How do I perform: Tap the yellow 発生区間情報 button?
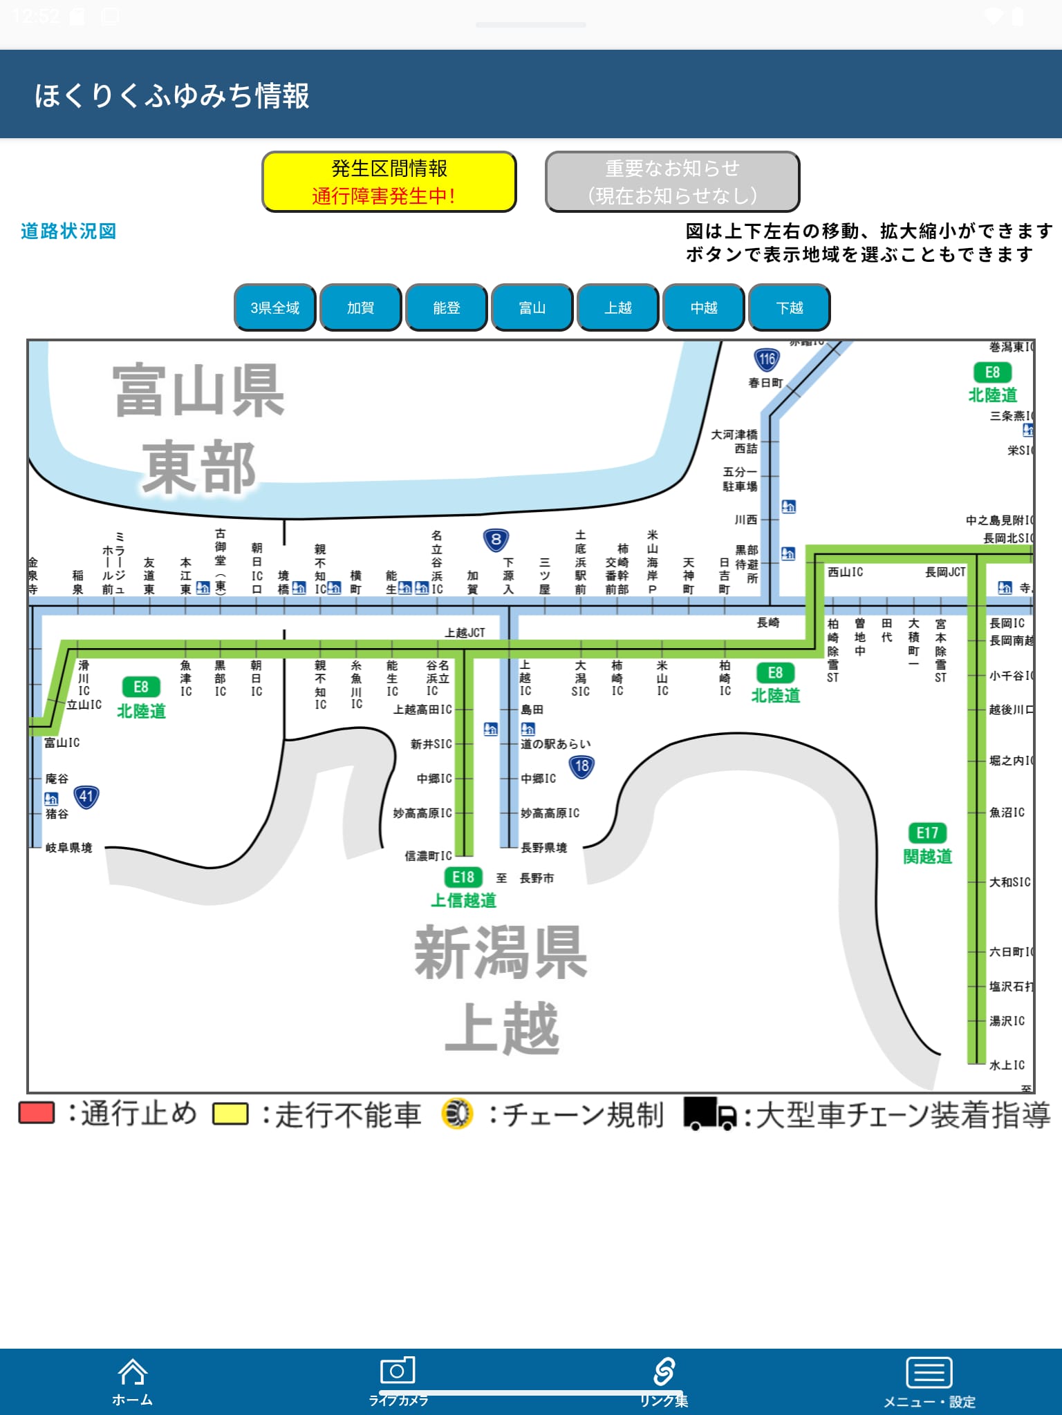(389, 182)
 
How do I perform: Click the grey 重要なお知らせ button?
(672, 182)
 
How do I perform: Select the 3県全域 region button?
(275, 307)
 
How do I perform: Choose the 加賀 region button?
(360, 307)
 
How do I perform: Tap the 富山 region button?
(532, 307)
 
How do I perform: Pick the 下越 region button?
(789, 307)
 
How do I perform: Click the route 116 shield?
(766, 359)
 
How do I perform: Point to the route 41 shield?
(86, 797)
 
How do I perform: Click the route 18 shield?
(582, 766)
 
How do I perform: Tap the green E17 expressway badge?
(927, 833)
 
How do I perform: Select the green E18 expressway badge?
(463, 877)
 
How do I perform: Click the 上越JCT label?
(465, 633)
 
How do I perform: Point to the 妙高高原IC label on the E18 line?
(422, 813)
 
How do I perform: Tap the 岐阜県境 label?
(68, 848)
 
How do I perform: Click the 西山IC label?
(845, 572)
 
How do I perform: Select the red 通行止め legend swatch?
(37, 1114)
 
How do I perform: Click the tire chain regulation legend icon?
(456, 1114)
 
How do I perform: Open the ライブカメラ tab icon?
(398, 1371)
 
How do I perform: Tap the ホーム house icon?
(132, 1372)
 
